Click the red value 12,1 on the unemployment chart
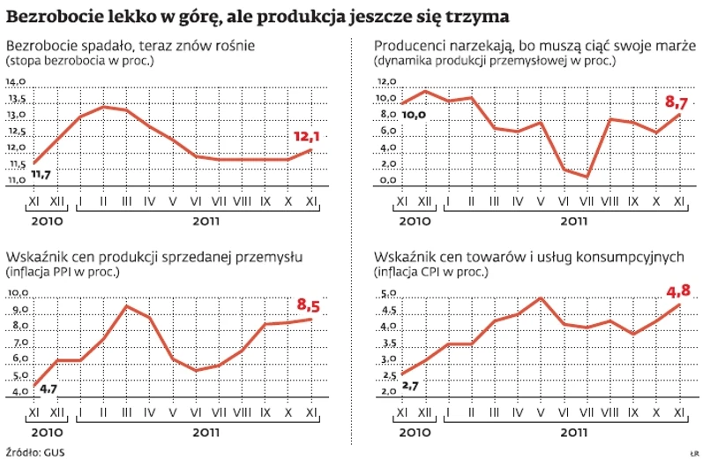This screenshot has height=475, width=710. point(305,137)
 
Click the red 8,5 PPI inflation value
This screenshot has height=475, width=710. point(310,305)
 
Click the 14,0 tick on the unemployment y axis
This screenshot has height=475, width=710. point(17,82)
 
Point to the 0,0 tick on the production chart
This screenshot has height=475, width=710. point(386,180)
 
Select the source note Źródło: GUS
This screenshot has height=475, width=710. point(35,453)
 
